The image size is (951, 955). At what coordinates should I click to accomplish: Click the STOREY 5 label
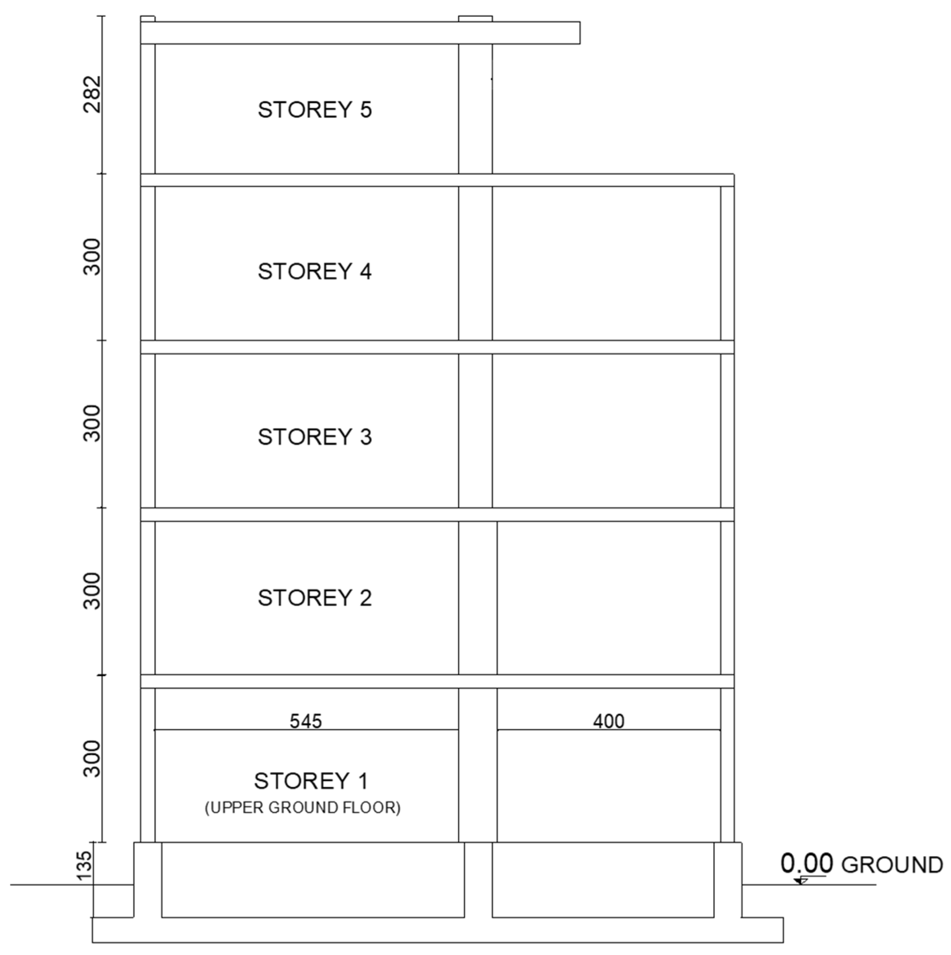tap(314, 110)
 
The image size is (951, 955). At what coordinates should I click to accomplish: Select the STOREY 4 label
tap(314, 272)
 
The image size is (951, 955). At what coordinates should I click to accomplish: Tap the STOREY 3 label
tap(314, 437)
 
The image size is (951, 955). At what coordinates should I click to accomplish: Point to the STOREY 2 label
tap(314, 598)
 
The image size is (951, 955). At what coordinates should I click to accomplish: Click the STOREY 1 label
tap(311, 782)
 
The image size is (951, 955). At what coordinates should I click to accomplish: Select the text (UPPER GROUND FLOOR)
tap(303, 808)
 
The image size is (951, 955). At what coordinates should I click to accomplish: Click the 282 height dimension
tap(92, 94)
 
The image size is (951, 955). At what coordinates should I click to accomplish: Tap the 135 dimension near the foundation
tap(85, 865)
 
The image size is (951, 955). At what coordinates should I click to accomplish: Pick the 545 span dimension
tap(305, 721)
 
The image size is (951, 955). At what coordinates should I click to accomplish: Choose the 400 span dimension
tap(608, 721)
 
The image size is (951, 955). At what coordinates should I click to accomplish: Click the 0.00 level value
tap(806, 863)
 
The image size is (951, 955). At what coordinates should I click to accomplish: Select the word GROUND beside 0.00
tap(892, 865)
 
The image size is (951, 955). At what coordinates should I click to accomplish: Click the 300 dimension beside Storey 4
tap(92, 256)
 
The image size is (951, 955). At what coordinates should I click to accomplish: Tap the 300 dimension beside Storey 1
tap(92, 759)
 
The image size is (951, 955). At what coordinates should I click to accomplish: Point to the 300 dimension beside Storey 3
tap(92, 424)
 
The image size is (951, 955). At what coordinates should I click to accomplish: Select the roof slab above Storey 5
tap(360, 33)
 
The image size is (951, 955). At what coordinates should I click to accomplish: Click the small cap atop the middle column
tap(475, 19)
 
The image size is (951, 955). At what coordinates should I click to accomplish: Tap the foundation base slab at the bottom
tap(438, 930)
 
